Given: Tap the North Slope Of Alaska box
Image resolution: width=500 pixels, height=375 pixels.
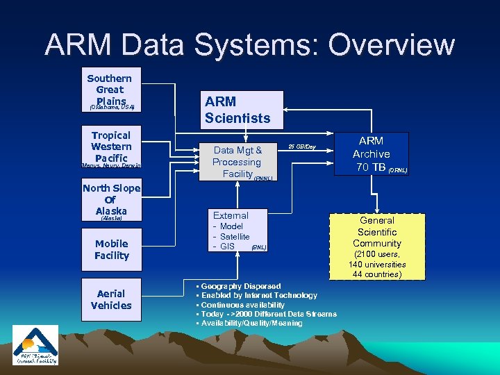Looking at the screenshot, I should tap(111, 199).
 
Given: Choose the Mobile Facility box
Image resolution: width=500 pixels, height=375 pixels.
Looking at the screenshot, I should tap(112, 249).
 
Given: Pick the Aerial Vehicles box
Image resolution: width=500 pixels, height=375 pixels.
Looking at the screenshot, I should tap(111, 299).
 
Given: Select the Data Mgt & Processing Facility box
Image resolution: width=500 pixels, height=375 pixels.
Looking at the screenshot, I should tap(237, 161).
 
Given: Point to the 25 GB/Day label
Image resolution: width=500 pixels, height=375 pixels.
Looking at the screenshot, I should tap(301, 147).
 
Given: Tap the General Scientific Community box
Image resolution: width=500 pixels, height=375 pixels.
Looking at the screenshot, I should tap(377, 232).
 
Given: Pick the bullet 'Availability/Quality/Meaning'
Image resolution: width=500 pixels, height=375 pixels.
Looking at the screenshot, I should tap(251, 323).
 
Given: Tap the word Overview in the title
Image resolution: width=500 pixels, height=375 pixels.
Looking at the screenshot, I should tap(392, 45).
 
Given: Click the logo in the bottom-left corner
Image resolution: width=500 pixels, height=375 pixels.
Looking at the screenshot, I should tap(35, 345).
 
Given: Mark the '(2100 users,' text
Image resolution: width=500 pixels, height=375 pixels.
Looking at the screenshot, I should tap(377, 254).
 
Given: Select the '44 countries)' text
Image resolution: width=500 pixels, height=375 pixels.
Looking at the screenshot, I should tap(377, 274).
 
